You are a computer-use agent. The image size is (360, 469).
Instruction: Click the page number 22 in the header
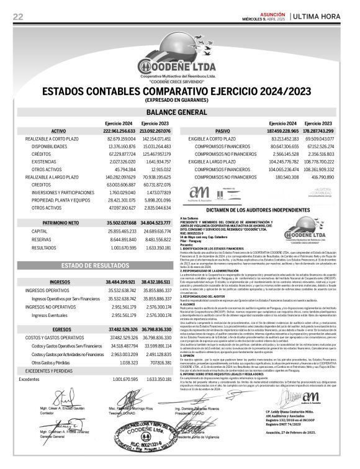point(18,16)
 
